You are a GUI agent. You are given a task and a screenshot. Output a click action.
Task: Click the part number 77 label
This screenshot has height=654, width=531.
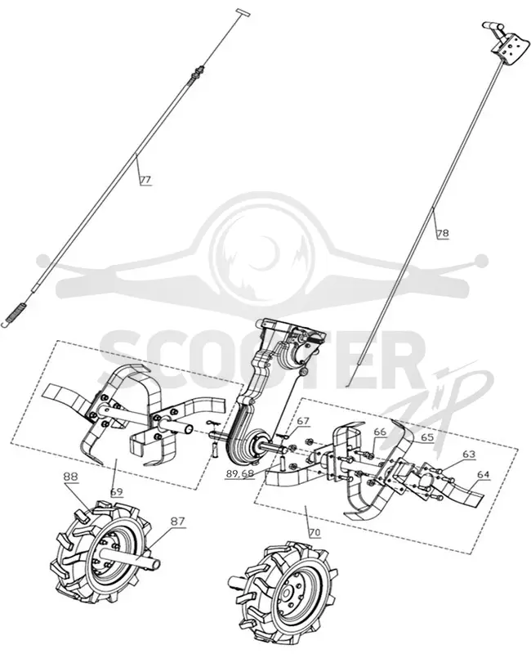click(145, 180)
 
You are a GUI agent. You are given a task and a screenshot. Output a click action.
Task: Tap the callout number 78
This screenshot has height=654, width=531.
click(443, 233)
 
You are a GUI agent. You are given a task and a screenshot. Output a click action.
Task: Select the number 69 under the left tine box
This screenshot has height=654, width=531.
click(117, 491)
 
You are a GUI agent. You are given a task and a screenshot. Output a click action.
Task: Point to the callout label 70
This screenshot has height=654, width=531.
click(315, 533)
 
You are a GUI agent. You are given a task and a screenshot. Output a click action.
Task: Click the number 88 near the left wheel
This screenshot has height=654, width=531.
click(70, 477)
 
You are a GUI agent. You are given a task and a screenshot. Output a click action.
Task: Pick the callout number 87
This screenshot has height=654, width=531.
click(177, 522)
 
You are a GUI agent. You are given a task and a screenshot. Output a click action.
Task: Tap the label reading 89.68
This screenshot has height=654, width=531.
click(239, 474)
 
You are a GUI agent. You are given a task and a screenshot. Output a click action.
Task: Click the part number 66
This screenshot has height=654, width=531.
click(380, 432)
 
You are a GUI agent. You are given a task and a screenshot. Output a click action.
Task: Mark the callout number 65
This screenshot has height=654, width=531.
click(427, 437)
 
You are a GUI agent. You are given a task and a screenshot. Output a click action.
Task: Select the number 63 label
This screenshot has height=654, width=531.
click(469, 454)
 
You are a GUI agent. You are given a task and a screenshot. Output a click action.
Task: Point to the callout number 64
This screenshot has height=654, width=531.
click(484, 475)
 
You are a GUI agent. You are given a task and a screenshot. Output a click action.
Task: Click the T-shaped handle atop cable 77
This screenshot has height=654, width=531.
click(243, 11)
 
